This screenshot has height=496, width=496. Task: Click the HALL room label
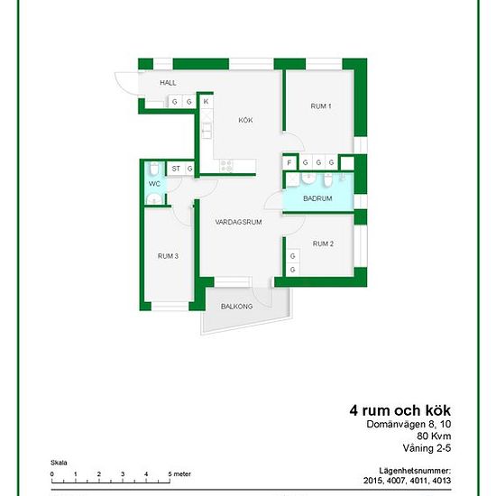tap(168, 83)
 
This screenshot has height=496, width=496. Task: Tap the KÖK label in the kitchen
tap(245, 120)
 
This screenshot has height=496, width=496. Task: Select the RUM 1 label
tap(321, 106)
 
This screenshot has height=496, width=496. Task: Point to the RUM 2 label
tap(323, 243)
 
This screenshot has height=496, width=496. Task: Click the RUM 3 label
tap(168, 256)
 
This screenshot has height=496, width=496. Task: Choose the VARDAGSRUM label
tap(238, 222)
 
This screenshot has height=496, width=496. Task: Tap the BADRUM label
tap(317, 198)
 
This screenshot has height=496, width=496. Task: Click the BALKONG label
tap(236, 307)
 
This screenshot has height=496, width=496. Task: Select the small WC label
tap(154, 184)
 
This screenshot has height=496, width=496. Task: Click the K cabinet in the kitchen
tap(207, 102)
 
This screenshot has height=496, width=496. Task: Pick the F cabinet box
tap(289, 163)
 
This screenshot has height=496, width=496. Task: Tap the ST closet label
tap(176, 169)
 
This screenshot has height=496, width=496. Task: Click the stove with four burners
tap(226, 166)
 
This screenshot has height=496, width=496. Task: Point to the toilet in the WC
tap(154, 168)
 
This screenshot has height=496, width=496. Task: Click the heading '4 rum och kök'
tap(400, 410)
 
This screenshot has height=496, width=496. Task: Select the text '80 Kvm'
tap(434, 436)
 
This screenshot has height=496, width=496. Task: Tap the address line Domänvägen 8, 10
tap(409, 424)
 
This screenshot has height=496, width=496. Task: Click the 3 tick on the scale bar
tap(123, 482)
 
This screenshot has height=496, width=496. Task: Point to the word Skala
tap(59, 463)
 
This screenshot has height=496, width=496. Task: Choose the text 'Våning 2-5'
tap(427, 448)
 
